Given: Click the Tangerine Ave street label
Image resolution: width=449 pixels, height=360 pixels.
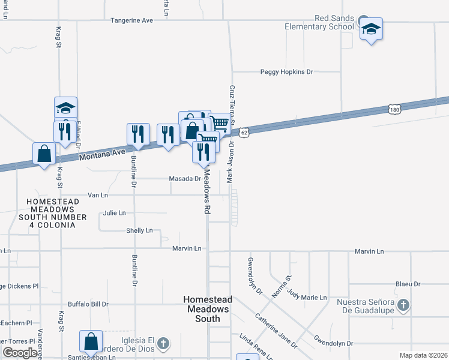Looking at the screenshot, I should click(131, 20).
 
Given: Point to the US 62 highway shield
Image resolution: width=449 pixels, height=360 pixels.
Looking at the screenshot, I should click(243, 131).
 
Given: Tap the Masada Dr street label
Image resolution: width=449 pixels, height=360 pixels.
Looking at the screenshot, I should click(184, 179).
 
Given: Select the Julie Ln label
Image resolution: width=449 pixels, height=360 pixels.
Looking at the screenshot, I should click(114, 213).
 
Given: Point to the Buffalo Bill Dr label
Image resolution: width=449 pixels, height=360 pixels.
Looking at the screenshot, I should click(88, 304).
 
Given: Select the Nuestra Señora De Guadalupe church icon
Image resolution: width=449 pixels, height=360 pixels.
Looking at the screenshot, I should click(404, 305).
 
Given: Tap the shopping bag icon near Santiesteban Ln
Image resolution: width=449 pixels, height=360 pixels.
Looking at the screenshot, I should click(91, 341).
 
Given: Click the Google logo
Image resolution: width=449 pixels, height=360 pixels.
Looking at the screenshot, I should click(20, 352).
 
